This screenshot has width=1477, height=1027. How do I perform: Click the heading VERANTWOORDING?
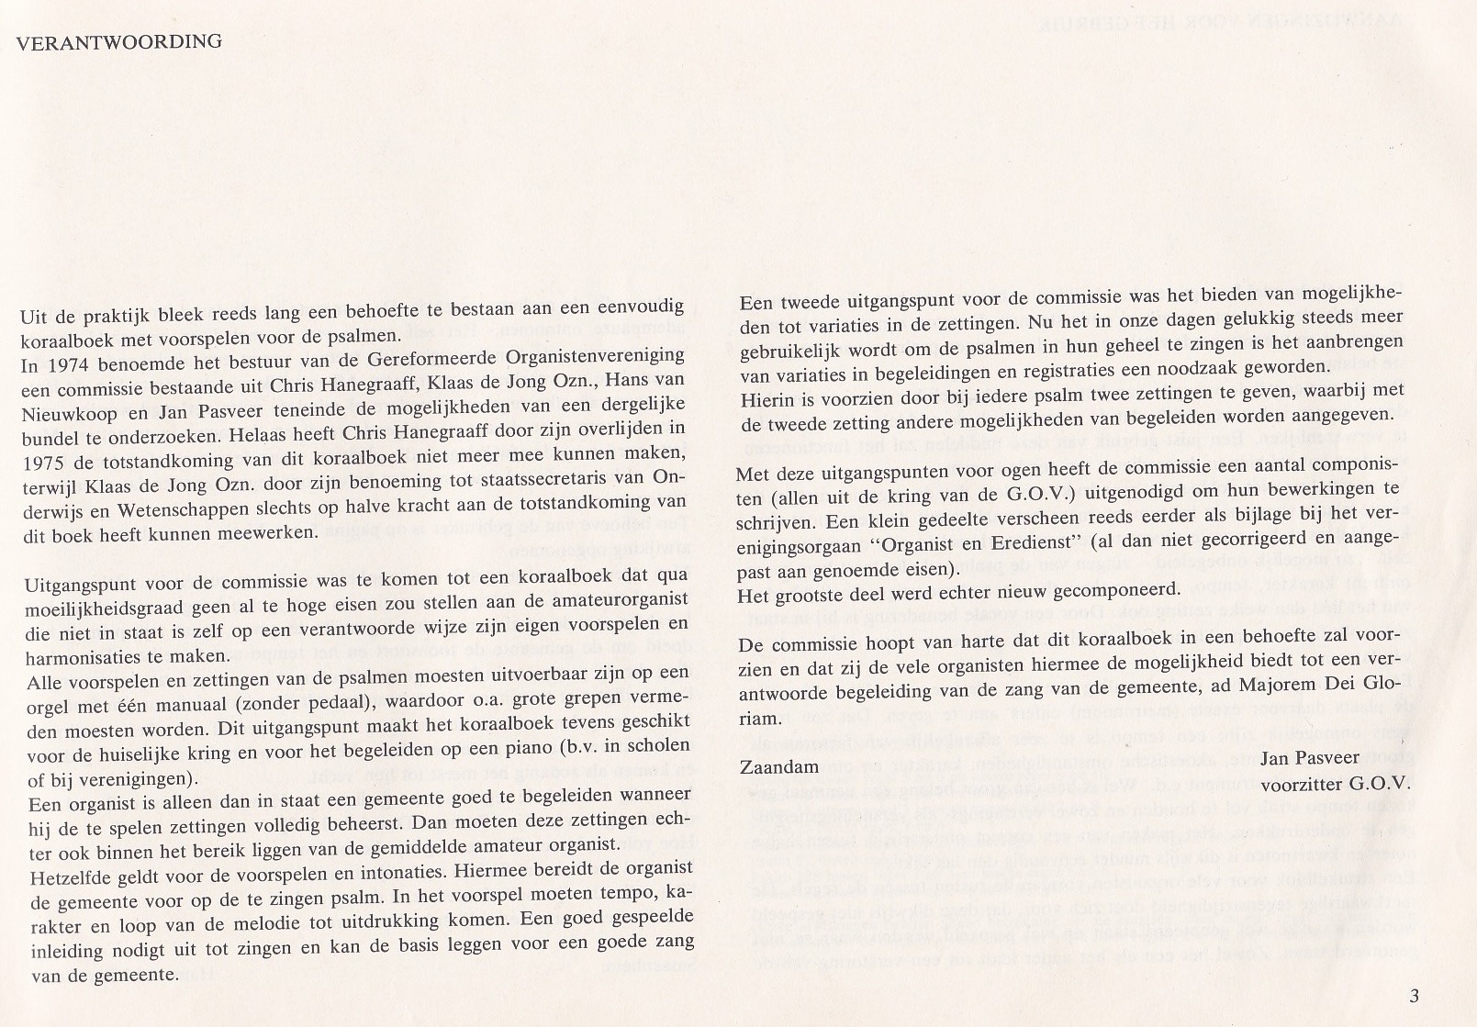119,41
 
